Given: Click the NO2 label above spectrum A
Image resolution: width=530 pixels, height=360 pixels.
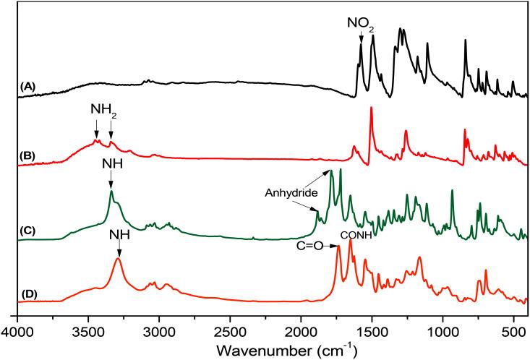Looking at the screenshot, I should (360, 22).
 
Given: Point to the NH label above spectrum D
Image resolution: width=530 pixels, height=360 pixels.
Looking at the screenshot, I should (119, 236).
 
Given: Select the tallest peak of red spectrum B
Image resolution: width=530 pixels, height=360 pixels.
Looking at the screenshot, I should (371, 108).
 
